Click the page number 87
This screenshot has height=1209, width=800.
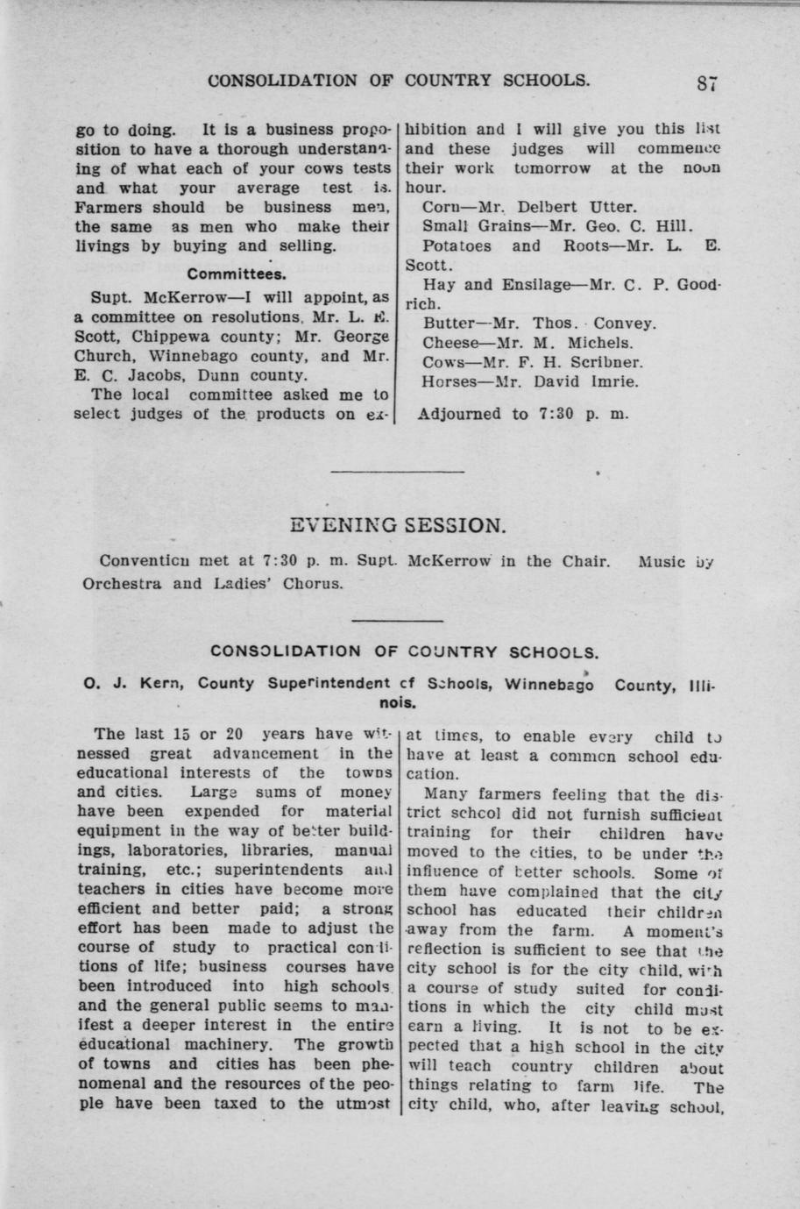coord(708,83)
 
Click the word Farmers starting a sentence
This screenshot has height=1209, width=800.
coord(110,208)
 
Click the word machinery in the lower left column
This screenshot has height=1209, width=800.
coord(230,1044)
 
